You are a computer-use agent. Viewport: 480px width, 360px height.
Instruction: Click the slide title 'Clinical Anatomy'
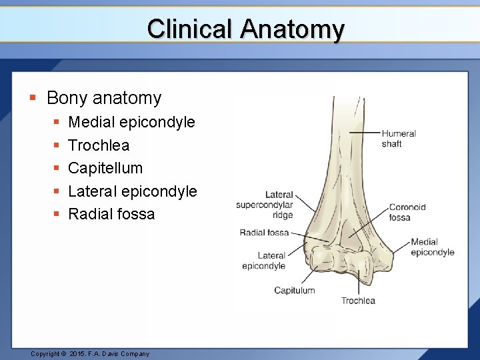point(245,29)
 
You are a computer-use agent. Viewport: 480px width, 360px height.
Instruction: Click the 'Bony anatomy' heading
point(104,98)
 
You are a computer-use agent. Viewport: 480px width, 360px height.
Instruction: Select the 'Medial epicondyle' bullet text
point(131,122)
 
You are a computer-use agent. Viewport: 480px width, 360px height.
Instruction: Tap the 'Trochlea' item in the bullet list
point(99,145)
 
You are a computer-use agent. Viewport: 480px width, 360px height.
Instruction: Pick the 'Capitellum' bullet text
point(105,168)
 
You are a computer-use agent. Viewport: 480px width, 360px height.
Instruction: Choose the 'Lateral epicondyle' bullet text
point(133,191)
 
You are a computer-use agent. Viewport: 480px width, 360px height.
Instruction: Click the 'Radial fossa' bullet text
point(111,214)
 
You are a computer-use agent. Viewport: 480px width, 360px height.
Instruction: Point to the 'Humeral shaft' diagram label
point(398,139)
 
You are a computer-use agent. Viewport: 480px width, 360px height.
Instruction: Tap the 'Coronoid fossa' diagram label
point(407,212)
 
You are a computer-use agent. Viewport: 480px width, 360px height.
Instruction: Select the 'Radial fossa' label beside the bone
point(264,233)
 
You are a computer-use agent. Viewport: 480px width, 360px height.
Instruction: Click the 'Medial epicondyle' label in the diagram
point(432,247)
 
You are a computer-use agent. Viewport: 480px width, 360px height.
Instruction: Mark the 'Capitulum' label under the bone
point(294,290)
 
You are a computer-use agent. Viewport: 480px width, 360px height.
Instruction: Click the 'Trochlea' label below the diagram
point(358,301)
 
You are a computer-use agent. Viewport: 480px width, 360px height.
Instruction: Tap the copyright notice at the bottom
point(90,353)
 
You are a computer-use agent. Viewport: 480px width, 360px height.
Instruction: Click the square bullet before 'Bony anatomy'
point(32,99)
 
